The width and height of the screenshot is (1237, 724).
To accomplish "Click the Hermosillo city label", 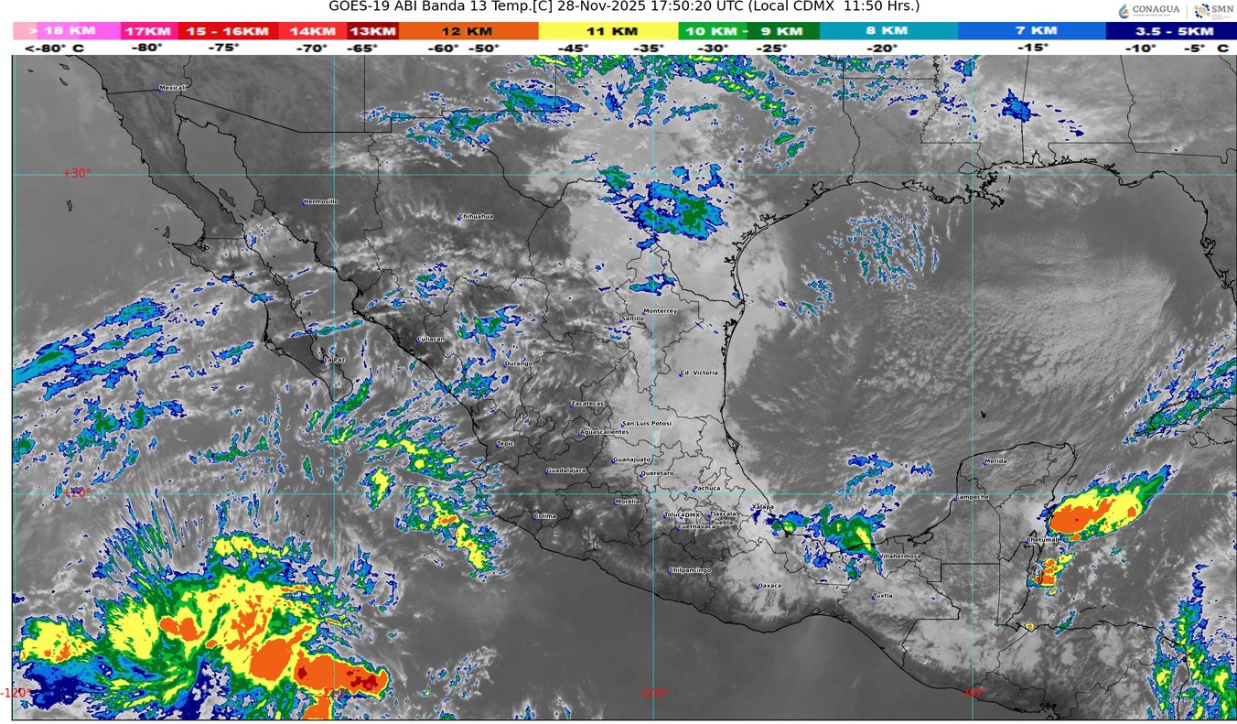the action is tap(321, 201).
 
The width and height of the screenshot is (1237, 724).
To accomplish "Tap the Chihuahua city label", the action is tap(476, 216).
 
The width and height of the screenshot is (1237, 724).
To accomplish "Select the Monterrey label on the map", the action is tap(660, 311).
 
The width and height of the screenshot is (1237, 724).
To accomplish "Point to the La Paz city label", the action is tap(335, 360).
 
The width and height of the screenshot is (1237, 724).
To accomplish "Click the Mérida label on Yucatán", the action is tap(995, 461).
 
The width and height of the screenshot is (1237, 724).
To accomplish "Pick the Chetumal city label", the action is tap(1041, 540).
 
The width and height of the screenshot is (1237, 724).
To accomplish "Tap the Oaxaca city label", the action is tap(769, 586).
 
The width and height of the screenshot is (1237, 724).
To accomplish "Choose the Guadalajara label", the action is tap(565, 470).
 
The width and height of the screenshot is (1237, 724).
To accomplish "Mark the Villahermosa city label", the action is tap(899, 557).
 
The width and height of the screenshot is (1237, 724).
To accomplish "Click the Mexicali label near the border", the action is tap(173, 88).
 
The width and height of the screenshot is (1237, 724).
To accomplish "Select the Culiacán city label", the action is tap(431, 339).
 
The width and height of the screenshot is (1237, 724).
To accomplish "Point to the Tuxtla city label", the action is tap(882, 596).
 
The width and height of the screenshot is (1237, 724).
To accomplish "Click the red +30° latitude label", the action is tap(78, 173).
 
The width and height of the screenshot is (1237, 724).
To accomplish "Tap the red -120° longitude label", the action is tap(14, 693).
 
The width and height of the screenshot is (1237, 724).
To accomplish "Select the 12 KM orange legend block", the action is tap(468, 31).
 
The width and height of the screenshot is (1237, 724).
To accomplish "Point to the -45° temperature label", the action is tap(573, 48).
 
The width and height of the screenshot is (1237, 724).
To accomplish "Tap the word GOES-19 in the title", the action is tap(358, 6).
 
